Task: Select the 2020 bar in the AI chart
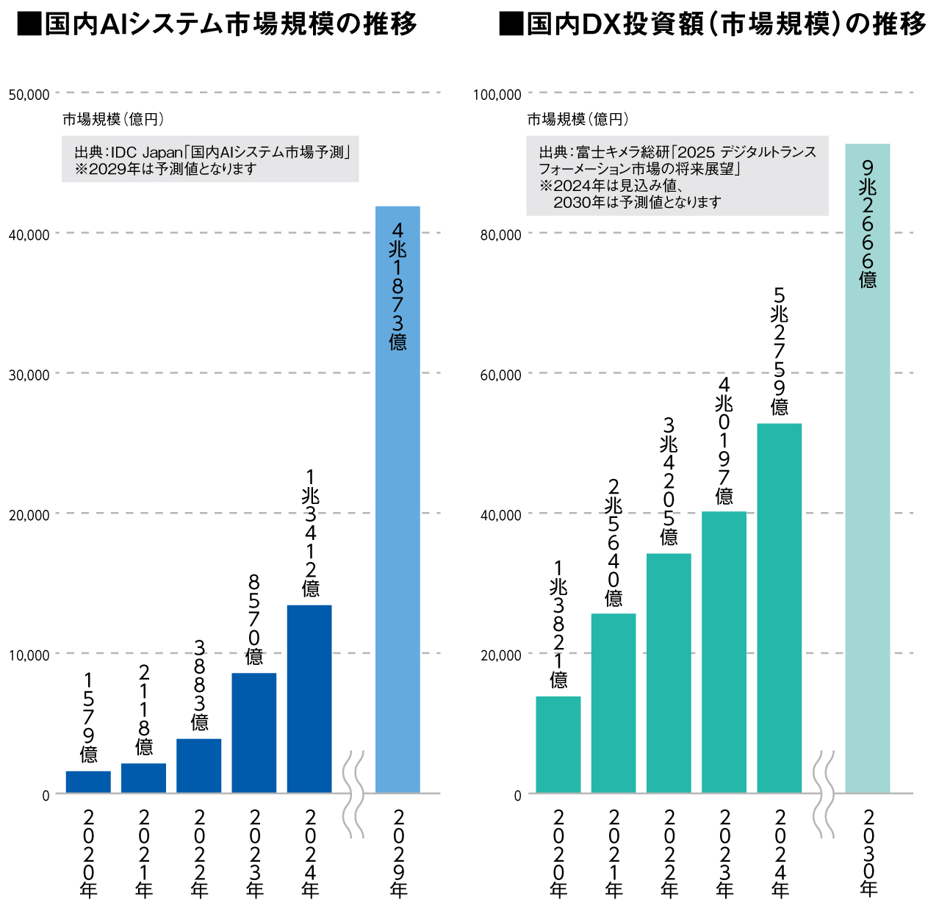88,782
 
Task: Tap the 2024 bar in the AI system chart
309,699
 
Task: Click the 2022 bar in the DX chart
669,673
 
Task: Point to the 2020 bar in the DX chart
558,744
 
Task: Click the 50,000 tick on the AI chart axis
29,94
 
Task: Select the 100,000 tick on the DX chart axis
497,94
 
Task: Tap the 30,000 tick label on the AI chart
29,375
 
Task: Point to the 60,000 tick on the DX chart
500,375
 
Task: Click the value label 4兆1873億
397,287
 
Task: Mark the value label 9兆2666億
868,224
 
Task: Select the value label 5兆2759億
780,351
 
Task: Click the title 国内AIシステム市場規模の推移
217,24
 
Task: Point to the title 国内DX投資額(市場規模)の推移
712,24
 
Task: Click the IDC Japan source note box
210,159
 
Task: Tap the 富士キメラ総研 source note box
677,176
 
